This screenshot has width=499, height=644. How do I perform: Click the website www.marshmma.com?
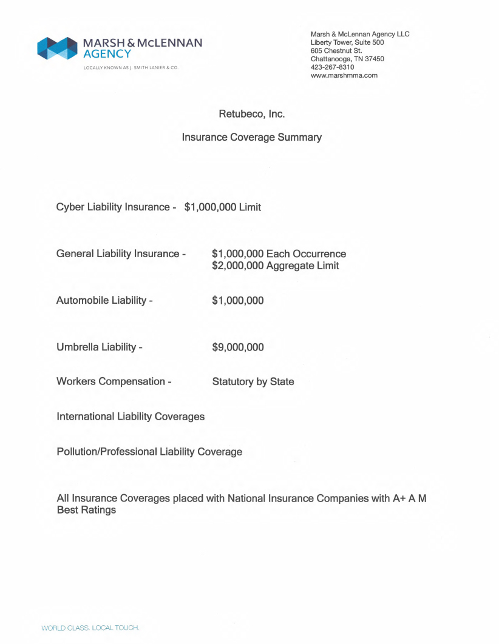click(344, 75)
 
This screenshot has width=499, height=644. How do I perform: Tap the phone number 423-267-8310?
click(332, 67)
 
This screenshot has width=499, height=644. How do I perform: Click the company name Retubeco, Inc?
click(251, 113)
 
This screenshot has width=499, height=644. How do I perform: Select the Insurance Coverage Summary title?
click(251, 138)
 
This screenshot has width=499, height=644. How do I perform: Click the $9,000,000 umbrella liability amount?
click(237, 347)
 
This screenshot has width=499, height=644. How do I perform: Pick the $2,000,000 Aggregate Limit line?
click(275, 266)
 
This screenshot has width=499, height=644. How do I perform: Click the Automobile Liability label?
click(104, 300)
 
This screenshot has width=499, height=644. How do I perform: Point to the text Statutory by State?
click(253, 382)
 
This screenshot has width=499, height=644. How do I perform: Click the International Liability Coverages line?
click(131, 417)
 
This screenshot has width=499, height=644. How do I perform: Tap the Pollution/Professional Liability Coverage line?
click(149, 452)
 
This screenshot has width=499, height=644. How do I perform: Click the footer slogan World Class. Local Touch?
click(90, 628)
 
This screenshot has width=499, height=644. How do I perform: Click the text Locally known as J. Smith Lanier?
click(126, 67)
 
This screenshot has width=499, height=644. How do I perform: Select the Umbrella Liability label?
click(99, 347)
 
